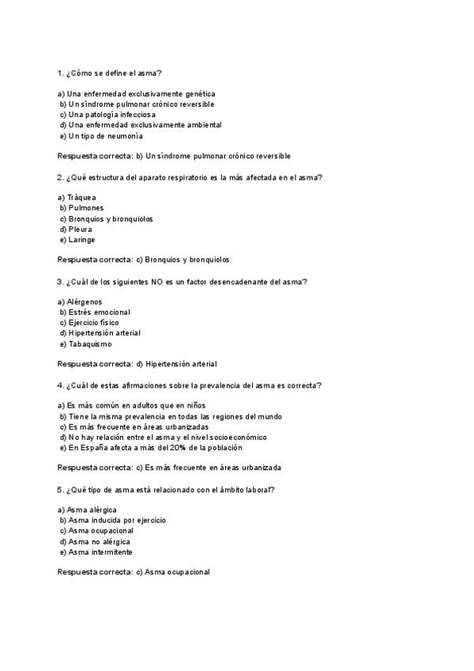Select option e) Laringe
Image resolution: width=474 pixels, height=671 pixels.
(77, 240)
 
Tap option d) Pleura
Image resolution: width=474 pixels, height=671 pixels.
(76, 229)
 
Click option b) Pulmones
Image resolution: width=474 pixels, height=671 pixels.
(81, 208)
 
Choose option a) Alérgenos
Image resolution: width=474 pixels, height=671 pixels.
(80, 301)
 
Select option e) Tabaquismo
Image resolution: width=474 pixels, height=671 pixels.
(85, 344)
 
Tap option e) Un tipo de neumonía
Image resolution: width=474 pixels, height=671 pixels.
(100, 136)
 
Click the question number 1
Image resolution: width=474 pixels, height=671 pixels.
(60, 74)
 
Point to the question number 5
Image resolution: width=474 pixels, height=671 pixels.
(60, 490)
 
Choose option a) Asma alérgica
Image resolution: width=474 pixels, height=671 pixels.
(88, 510)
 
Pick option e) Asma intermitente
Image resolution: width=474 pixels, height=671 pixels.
(95, 552)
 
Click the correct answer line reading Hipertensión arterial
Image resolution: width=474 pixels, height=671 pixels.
(137, 364)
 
